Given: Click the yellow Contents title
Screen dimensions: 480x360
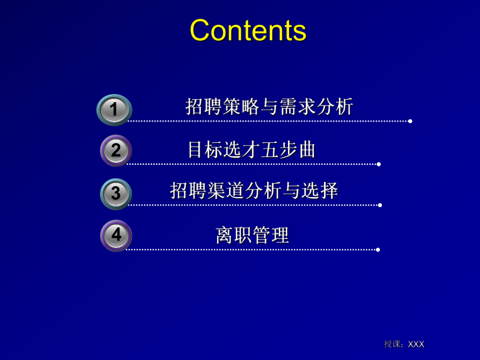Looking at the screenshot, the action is coord(248,30).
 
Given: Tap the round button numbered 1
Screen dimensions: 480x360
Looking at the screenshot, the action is coord(114,110).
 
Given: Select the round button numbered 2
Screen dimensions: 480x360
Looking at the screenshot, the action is coord(116,150).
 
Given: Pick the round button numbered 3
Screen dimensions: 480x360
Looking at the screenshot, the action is coord(116,194).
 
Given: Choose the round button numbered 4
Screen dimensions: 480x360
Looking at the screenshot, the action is coord(116,235).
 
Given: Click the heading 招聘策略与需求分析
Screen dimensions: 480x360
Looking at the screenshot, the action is coord(269,106).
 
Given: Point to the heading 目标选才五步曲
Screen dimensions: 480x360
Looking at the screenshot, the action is coord(251,150).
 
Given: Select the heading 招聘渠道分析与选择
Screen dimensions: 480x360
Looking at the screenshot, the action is coord(254,190).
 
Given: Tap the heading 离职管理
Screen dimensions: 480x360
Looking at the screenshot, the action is coord(252,235).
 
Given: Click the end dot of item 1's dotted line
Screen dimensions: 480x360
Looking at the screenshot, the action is coord(410,121).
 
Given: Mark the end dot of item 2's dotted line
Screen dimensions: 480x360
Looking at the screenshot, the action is coord(379,164).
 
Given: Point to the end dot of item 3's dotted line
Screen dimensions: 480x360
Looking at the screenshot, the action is coord(380,205).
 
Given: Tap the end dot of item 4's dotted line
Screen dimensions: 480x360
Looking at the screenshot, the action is coord(378,250).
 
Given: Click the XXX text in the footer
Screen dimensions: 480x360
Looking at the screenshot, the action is coord(416,344).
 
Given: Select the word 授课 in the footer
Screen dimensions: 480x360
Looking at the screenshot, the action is coord(392,344).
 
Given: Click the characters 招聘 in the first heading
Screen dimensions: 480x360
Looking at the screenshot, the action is coord(203,106).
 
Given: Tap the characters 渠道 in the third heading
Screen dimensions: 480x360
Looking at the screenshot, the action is coord(225,190).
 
